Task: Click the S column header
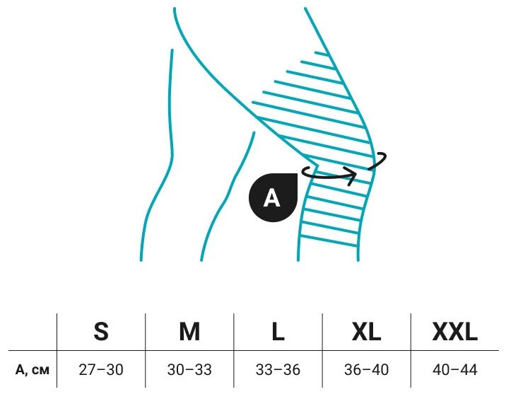(101, 331)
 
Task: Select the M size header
(189, 331)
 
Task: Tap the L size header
(278, 331)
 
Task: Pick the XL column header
(366, 331)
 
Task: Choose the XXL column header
(455, 331)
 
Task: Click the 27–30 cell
(101, 369)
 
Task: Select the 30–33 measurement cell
(189, 369)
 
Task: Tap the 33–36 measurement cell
(278, 369)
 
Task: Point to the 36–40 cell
(366, 369)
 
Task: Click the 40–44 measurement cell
(455, 369)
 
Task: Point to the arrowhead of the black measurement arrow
(351, 175)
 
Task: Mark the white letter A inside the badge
(272, 199)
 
